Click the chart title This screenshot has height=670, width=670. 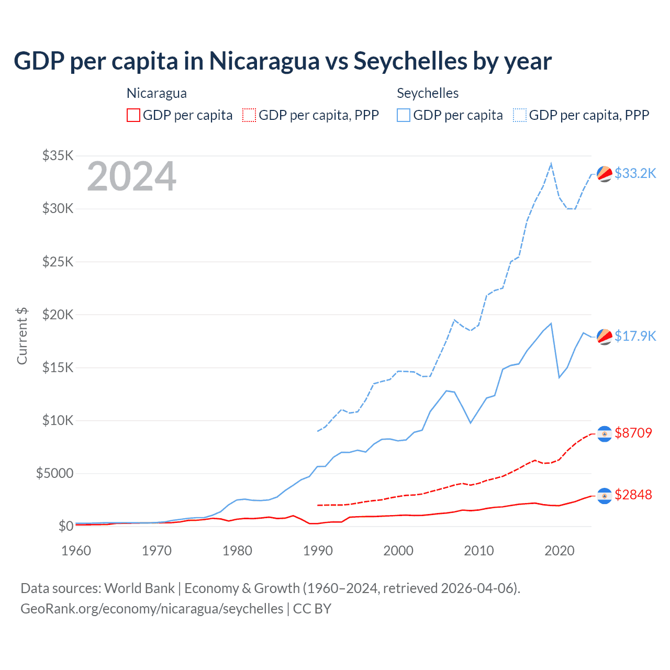point(283,61)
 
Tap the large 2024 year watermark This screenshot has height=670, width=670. point(131,177)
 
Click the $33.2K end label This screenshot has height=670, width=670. point(635,173)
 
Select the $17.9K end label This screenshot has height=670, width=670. point(635,336)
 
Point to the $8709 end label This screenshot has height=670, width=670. point(633,433)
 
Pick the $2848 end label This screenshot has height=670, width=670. point(633,495)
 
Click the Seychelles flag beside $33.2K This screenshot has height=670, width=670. point(605,174)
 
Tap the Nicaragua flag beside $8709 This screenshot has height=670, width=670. point(605,434)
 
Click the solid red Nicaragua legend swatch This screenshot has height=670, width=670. point(133,115)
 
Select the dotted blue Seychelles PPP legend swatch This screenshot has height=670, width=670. point(520,115)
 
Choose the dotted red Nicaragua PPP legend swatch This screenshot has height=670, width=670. point(249,115)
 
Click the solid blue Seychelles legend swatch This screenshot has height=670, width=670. point(404,115)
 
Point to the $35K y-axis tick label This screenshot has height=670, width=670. point(58,155)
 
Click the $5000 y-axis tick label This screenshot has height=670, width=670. point(54,474)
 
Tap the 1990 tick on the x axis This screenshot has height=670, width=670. point(318,551)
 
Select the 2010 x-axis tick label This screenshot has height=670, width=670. point(479,551)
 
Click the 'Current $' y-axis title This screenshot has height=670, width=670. point(22,336)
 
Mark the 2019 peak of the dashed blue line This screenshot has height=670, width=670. point(551,164)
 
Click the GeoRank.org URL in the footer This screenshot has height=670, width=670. point(152,609)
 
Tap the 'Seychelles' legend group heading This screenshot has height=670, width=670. point(428,93)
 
